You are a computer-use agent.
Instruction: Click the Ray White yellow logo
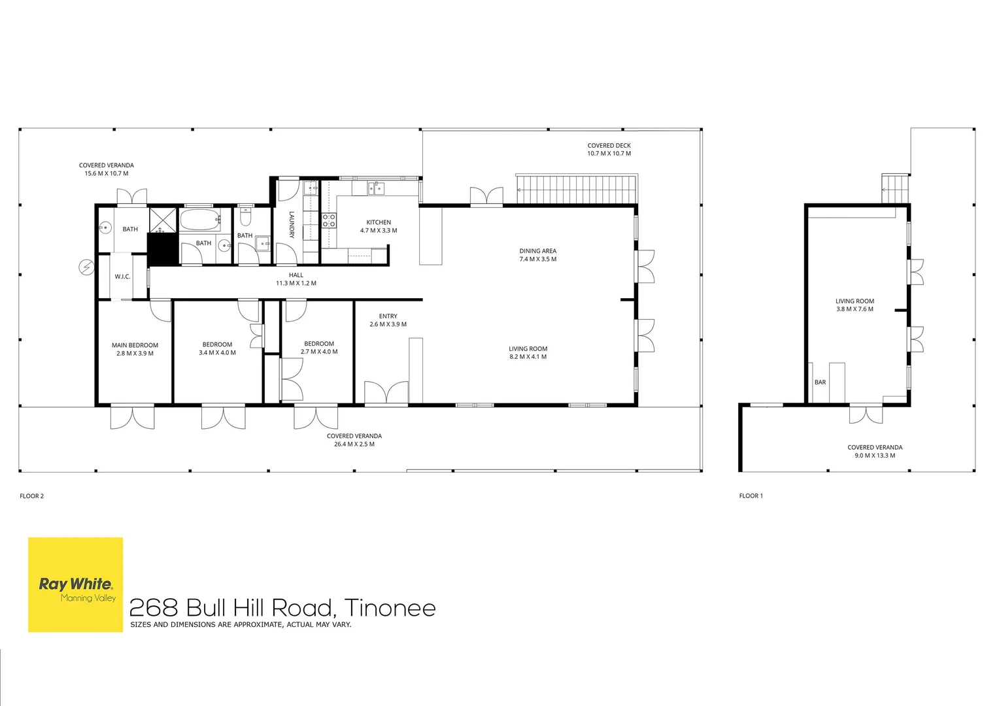75,584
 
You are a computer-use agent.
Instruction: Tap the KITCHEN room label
379,222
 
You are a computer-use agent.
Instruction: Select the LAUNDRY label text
292,224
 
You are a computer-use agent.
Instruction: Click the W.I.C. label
122,277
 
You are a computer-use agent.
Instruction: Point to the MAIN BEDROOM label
135,345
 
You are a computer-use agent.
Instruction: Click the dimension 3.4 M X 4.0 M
217,353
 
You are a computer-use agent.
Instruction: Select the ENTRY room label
388,316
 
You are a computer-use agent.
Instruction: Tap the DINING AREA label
537,251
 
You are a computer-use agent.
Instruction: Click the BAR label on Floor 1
820,382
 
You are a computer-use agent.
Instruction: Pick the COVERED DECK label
609,146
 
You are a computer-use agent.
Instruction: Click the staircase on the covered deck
576,190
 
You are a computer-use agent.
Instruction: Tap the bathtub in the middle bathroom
201,220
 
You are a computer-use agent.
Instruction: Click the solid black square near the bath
163,250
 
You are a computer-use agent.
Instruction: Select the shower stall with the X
163,220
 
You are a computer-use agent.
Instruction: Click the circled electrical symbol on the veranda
86,267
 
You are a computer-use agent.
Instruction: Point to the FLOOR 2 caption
31,496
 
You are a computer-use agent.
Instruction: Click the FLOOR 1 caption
751,496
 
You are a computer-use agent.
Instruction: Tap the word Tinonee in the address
390,608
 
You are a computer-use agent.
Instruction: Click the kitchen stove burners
329,220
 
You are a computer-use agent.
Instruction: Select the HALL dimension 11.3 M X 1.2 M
296,284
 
